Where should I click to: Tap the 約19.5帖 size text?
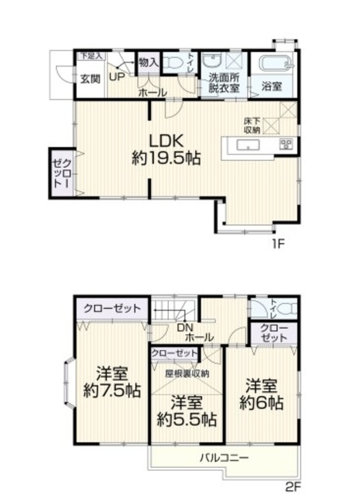tap(165, 159)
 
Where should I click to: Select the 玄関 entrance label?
tap(91, 78)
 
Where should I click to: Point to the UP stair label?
tap(116, 77)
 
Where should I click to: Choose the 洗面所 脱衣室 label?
tap(221, 81)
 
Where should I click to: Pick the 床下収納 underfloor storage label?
tap(252, 125)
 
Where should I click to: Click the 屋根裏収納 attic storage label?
tap(188, 373)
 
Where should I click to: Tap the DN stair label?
tap(185, 327)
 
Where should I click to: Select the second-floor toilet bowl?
tap(285, 311)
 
